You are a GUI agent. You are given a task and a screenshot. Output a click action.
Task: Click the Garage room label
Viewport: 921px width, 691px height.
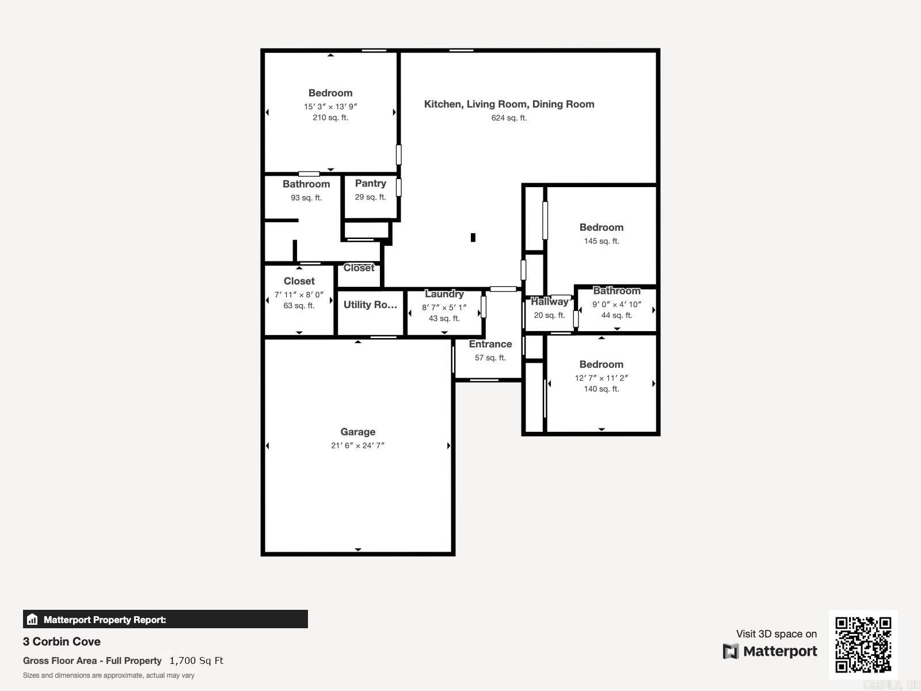coord(357,432)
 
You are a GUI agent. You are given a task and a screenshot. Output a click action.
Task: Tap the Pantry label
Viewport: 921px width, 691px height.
coord(370,183)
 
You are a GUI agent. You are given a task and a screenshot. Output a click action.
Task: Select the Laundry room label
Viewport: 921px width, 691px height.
coord(444,294)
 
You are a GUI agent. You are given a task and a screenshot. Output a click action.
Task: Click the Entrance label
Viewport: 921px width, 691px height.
coord(490,344)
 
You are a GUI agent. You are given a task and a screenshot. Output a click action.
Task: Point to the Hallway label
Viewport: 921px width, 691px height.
coord(549,302)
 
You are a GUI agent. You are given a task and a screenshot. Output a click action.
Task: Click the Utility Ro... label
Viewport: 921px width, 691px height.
coord(370,305)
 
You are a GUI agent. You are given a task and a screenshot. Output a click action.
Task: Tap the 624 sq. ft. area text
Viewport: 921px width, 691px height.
coord(509,118)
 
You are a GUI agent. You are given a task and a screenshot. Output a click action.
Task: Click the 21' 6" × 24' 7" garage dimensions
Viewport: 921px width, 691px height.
coord(357,445)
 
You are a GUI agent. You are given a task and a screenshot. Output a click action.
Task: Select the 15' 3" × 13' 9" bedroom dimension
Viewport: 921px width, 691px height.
coord(330,107)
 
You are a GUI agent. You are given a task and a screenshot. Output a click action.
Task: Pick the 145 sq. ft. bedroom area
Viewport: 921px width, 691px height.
coord(601,241)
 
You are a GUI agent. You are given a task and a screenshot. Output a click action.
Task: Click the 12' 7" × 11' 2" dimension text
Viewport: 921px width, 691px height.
coord(601,378)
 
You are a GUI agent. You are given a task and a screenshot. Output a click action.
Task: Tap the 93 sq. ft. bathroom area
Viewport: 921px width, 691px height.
coord(306,198)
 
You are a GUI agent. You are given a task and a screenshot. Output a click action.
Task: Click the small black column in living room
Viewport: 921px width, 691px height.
coord(473,237)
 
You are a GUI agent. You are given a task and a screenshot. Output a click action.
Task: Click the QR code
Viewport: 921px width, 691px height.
coord(863,644)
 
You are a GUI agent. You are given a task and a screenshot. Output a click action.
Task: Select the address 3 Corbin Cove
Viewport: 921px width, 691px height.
coord(62,641)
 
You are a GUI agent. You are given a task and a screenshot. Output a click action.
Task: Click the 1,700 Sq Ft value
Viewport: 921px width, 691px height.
coord(196,660)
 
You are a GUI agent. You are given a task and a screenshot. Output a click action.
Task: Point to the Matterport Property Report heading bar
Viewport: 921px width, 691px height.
coord(165,620)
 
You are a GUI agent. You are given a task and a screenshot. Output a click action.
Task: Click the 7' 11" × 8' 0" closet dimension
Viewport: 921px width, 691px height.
coord(299,295)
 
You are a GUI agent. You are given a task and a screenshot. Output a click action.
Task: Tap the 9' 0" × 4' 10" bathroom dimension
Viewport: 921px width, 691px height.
coord(616,304)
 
